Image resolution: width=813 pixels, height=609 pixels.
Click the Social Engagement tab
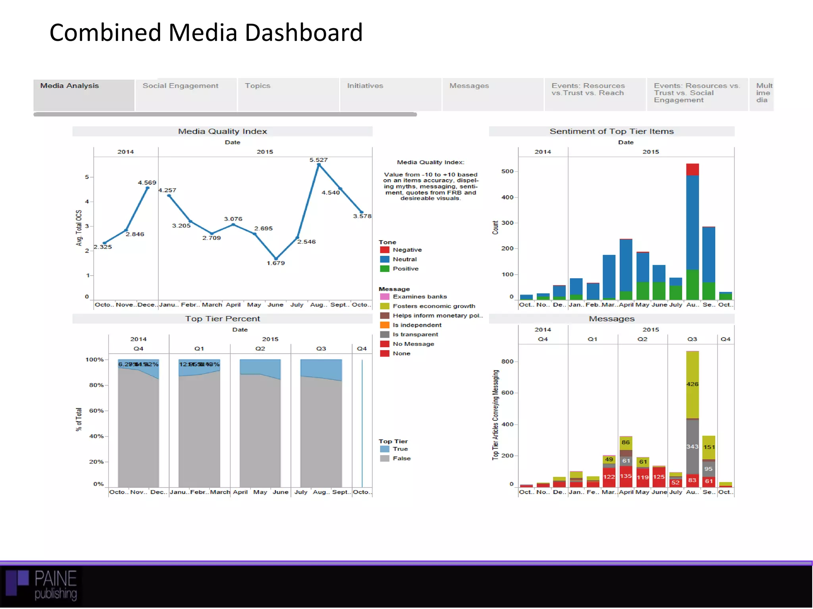tap(181, 86)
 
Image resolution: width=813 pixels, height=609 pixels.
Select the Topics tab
tap(258, 86)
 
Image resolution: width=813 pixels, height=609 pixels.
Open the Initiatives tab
tap(365, 86)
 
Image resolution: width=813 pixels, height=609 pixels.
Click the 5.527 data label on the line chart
tap(318, 160)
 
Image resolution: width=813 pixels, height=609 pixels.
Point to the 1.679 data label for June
tap(275, 263)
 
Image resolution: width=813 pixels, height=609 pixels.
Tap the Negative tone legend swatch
tap(384, 250)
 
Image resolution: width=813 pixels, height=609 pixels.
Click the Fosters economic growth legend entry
tap(433, 306)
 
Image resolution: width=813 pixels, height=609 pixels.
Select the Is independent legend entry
tap(417, 325)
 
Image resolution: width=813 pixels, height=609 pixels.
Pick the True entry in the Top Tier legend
tap(400, 449)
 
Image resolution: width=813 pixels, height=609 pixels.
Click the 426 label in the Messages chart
tap(692, 384)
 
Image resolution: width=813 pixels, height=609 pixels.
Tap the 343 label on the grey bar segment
tap(692, 446)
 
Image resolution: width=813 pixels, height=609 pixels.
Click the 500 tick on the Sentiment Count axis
tap(507, 171)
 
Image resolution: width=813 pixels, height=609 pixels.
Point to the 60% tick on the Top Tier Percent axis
tap(96, 411)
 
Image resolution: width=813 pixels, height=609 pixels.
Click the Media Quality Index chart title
tap(222, 131)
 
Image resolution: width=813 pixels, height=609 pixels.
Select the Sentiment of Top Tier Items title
tap(611, 131)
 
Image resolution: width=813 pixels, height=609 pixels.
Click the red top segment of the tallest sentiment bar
tap(692, 169)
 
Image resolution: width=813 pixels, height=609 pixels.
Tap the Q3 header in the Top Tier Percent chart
tap(321, 349)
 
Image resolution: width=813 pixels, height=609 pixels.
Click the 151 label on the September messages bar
tap(709, 447)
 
